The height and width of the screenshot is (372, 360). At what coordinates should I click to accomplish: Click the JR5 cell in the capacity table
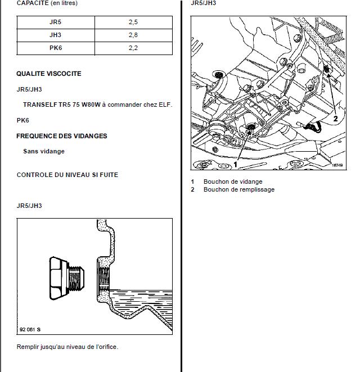[x=56, y=22]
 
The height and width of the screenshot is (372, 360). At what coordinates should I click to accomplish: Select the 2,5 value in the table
[x=133, y=22]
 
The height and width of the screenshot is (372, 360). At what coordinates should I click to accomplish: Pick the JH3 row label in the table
[x=56, y=35]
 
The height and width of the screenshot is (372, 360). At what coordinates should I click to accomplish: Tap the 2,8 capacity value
[x=133, y=35]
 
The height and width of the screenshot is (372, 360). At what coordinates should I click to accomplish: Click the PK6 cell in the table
[x=56, y=48]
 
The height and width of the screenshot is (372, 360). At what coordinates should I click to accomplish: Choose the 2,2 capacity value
[x=133, y=48]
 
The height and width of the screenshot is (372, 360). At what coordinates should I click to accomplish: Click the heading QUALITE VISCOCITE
[x=48, y=74]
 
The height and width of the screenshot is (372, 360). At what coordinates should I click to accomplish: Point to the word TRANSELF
[x=40, y=105]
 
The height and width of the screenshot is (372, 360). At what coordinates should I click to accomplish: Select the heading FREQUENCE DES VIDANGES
[x=61, y=136]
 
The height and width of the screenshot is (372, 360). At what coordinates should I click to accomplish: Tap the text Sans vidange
[x=44, y=151]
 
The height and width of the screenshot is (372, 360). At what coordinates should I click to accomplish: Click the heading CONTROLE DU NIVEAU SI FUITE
[x=67, y=175]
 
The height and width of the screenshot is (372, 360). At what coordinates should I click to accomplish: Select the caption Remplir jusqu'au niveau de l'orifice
[x=67, y=347]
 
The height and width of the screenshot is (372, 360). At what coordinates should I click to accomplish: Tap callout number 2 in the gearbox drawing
[x=335, y=119]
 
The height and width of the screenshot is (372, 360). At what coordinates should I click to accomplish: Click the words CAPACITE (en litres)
[x=47, y=3]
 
